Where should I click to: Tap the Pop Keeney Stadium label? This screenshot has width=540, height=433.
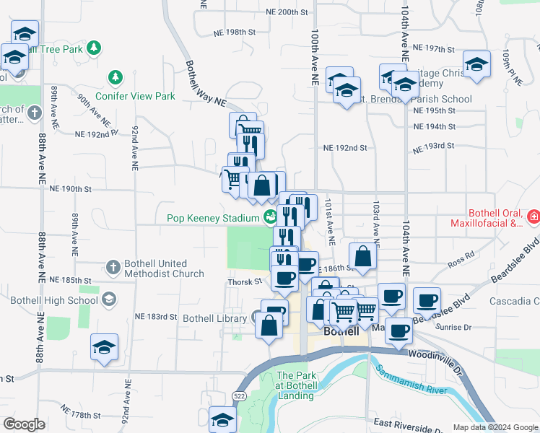point(212,218)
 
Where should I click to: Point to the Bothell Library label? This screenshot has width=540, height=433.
point(214,318)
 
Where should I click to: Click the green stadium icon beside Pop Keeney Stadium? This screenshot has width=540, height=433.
point(270,216)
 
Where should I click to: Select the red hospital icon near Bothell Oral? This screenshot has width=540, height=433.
point(533,216)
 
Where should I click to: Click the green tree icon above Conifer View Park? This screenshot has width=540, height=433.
point(114,76)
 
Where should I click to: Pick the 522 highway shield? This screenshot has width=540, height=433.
point(240,395)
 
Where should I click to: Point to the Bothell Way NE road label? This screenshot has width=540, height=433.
point(206,84)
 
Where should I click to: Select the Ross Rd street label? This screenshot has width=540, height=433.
point(461,255)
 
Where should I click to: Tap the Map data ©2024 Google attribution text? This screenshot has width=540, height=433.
point(495,427)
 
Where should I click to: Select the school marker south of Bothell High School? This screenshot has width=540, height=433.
point(105,348)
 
